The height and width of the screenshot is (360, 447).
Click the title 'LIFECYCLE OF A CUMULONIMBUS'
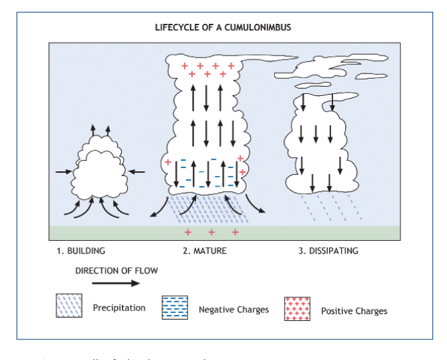click(x=223, y=28)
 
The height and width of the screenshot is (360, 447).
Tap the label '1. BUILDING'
click(x=81, y=251)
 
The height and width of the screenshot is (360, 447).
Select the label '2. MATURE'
click(x=205, y=251)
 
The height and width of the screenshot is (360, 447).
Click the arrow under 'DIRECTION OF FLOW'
click(x=116, y=283)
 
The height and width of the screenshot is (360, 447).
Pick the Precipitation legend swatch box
click(x=69, y=306)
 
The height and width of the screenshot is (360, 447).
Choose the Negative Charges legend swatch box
click(x=175, y=308)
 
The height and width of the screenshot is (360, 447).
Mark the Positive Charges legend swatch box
click(x=297, y=308)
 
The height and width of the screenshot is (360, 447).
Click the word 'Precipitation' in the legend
click(x=119, y=308)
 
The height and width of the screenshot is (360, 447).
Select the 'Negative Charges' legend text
click(x=234, y=310)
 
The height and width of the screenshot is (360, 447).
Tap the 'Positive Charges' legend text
click(x=354, y=311)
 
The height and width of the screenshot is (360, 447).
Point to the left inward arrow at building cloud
click(x=64, y=172)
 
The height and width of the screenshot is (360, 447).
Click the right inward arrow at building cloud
click(x=136, y=172)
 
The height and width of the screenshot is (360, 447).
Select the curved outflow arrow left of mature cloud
click(x=158, y=206)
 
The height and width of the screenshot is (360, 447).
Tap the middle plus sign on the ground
click(x=211, y=232)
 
